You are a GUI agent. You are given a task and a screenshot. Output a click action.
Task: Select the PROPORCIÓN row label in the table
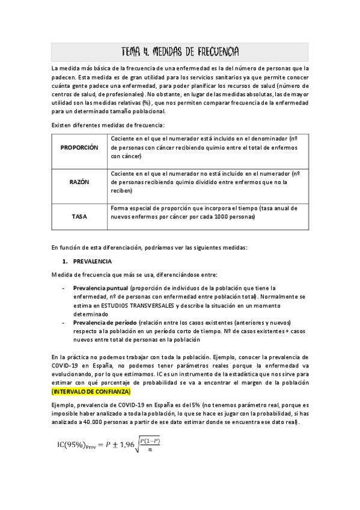point(79,147)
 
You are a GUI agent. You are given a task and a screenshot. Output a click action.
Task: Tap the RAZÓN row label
point(79,182)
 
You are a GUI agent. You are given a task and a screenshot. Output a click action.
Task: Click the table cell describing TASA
point(207,212)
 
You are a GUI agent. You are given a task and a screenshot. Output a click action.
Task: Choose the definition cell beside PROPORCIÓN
point(207,147)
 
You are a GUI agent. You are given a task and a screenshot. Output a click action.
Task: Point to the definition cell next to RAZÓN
point(207,182)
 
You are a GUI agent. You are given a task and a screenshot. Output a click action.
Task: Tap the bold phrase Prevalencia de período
point(106,322)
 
